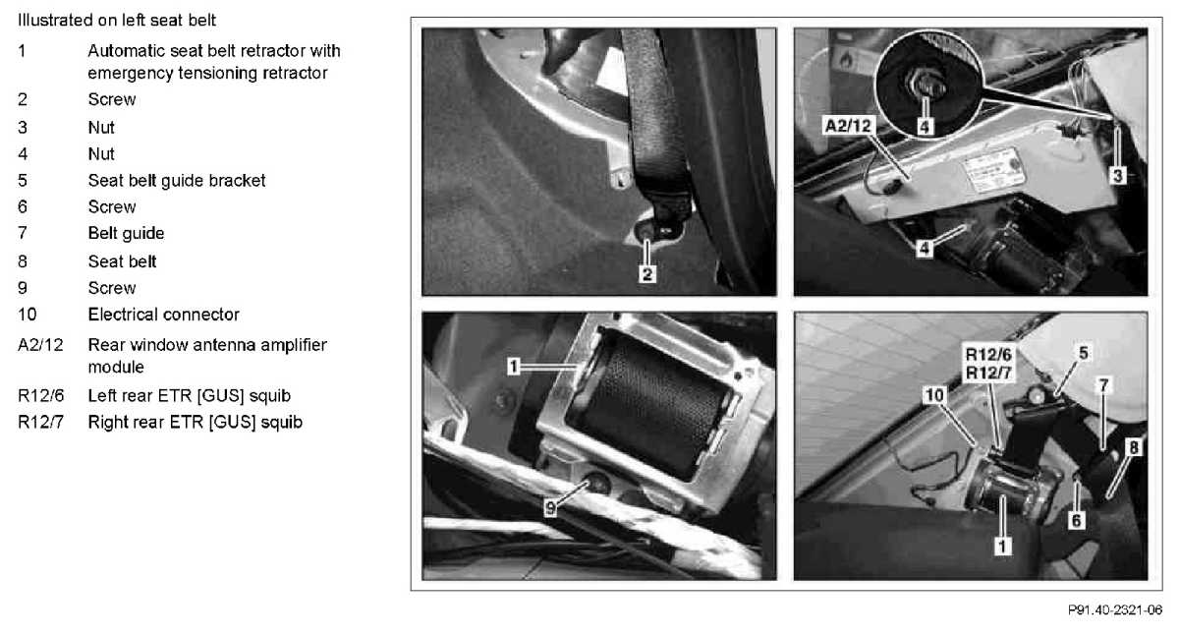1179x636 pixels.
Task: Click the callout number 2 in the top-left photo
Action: coord(646,274)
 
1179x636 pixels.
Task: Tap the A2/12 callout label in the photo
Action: coord(849,125)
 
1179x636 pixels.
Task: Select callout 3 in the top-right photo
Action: coord(1117,175)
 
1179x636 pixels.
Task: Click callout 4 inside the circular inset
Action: coord(925,127)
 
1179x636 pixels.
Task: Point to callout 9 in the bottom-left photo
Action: coord(550,508)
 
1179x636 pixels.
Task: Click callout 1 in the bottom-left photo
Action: coord(514,366)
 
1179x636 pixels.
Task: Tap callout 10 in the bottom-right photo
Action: coord(934,395)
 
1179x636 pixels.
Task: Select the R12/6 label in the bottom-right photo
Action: coord(988,354)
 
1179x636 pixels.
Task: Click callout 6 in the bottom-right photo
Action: coord(1077,521)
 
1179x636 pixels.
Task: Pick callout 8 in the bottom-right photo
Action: coord(1133,447)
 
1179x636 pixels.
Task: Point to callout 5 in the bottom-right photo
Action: coord(1083,353)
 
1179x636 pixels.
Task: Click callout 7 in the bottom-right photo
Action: coord(1103,385)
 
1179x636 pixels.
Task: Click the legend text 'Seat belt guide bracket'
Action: coord(176,181)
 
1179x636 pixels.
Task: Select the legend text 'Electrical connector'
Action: coord(163,315)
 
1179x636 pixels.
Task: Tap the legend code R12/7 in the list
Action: coord(40,423)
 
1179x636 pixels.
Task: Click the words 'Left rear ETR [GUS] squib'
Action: coord(189,395)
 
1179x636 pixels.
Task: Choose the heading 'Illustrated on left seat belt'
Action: coord(117,20)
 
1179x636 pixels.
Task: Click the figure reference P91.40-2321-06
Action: coord(1115,609)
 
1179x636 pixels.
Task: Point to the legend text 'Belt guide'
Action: coord(126,233)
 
